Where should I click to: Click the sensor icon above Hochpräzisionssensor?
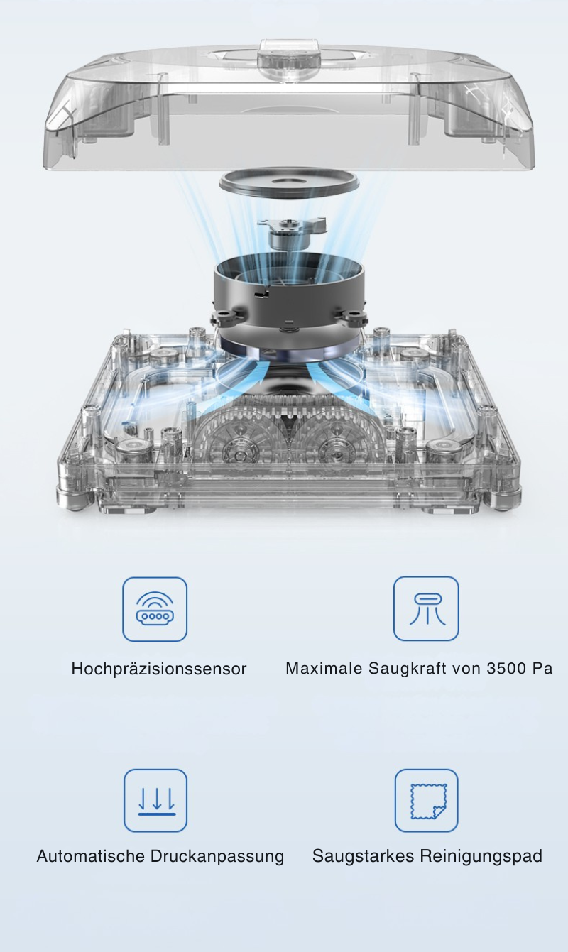155,609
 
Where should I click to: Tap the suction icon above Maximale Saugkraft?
426,608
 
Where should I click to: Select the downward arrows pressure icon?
155,801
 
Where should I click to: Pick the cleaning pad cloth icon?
427,801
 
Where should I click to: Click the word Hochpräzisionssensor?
159,669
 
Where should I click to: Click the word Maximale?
324,668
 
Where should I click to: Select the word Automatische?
91,856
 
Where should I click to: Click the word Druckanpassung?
217,856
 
